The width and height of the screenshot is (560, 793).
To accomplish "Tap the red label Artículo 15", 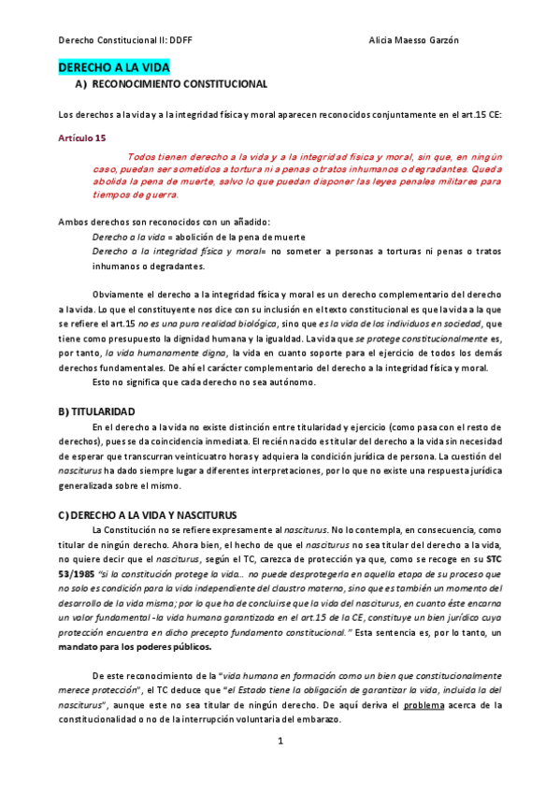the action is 82,137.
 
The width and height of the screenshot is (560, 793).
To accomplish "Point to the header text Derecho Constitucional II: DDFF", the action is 113,40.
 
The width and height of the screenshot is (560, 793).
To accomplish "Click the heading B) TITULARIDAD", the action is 96,411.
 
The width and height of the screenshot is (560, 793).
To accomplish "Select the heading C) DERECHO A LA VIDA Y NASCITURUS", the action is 148,515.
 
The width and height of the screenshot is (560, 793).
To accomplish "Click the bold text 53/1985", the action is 78,572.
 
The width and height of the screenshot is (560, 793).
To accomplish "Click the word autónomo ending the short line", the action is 293,382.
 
